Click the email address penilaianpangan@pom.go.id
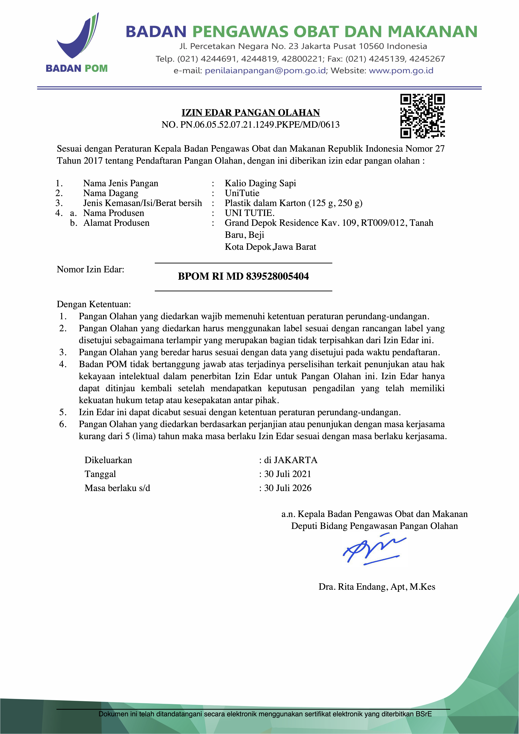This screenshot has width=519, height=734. click(265, 71)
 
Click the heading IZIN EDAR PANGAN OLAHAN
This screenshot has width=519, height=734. click(251, 112)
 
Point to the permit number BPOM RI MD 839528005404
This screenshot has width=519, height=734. click(243, 276)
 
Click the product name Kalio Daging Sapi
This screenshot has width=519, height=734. click(260, 183)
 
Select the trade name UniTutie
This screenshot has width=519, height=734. click(242, 193)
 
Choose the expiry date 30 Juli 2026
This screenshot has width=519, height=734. click(287, 488)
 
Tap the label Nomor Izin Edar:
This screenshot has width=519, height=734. click(91, 270)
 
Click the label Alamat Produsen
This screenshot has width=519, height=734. click(116, 223)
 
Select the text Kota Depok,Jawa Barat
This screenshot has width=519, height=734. click(270, 247)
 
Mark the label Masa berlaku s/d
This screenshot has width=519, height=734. click(117, 488)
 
